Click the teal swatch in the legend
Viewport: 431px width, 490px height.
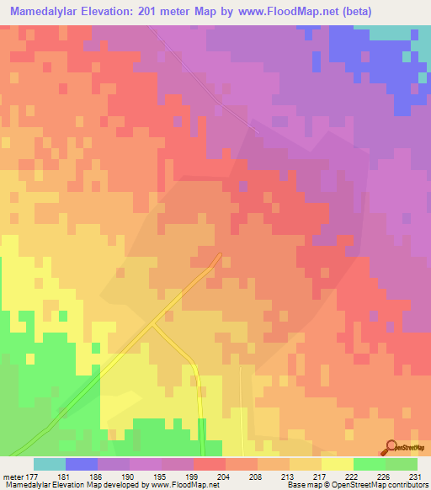pyautogui.click(x=49, y=464)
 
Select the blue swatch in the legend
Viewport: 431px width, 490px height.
pyautogui.click(x=81, y=464)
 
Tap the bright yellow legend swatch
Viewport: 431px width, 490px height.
pyautogui.click(x=337, y=464)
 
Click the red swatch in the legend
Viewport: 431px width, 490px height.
pyautogui.click(x=209, y=464)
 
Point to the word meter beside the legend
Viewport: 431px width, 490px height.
pyautogui.click(x=13, y=476)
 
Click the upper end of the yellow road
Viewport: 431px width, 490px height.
pyautogui.click(x=221, y=254)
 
